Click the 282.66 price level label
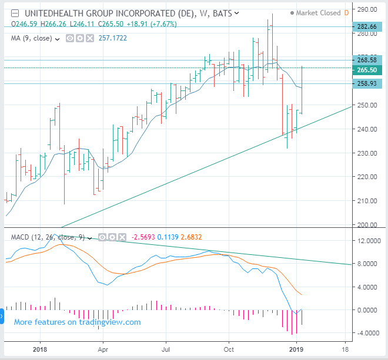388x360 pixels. point(367,26)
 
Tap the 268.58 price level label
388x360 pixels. point(367,60)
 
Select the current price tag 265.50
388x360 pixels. point(367,70)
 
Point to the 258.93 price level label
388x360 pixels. point(367,83)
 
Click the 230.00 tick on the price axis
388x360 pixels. point(367,153)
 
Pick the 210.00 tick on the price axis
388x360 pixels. point(367,201)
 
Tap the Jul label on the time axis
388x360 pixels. point(166,349)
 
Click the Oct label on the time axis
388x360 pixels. point(229,349)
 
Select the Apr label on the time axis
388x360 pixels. point(103,349)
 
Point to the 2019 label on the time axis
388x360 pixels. point(296,349)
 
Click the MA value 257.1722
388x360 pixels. point(113,38)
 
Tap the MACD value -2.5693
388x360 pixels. point(143,237)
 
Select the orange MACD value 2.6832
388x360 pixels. point(191,237)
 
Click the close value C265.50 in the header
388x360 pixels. point(111,24)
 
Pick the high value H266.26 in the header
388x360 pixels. point(53,24)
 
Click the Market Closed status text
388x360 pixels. point(318,13)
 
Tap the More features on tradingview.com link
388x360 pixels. point(77,322)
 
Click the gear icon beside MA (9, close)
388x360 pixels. point(80,38)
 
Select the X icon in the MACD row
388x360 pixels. point(122,237)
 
